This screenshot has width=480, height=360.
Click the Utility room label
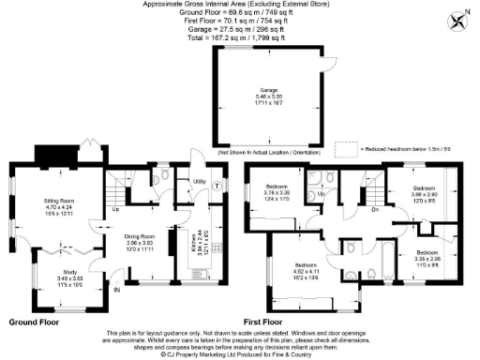(x=198, y=181)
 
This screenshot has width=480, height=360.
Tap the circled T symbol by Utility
(x=217, y=186)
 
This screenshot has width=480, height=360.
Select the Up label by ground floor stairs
(x=116, y=209)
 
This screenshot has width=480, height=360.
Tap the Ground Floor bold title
(x=36, y=322)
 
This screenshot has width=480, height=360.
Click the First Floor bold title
(x=271, y=322)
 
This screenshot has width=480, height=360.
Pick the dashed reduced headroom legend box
(x=345, y=148)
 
